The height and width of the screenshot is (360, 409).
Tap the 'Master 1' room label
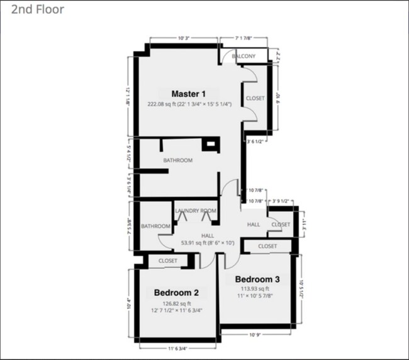pyautogui.click(x=189, y=94)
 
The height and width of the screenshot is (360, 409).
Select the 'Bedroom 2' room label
pyautogui.click(x=176, y=293)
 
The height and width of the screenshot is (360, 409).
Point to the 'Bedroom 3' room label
pyautogui.click(x=257, y=279)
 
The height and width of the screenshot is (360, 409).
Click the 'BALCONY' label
pyautogui.click(x=244, y=57)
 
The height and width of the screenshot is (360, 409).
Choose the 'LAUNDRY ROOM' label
pyautogui.click(x=196, y=211)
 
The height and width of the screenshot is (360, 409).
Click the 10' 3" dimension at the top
pyautogui.click(x=184, y=38)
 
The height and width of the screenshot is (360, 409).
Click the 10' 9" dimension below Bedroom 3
pyautogui.click(x=255, y=334)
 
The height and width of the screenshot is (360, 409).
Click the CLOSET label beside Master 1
pyautogui.click(x=255, y=98)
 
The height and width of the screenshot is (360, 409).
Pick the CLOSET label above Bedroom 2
pyautogui.click(x=168, y=261)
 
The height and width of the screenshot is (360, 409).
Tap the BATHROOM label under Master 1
pyautogui.click(x=178, y=160)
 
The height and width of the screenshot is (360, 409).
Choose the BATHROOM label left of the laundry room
pyautogui.click(x=155, y=226)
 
